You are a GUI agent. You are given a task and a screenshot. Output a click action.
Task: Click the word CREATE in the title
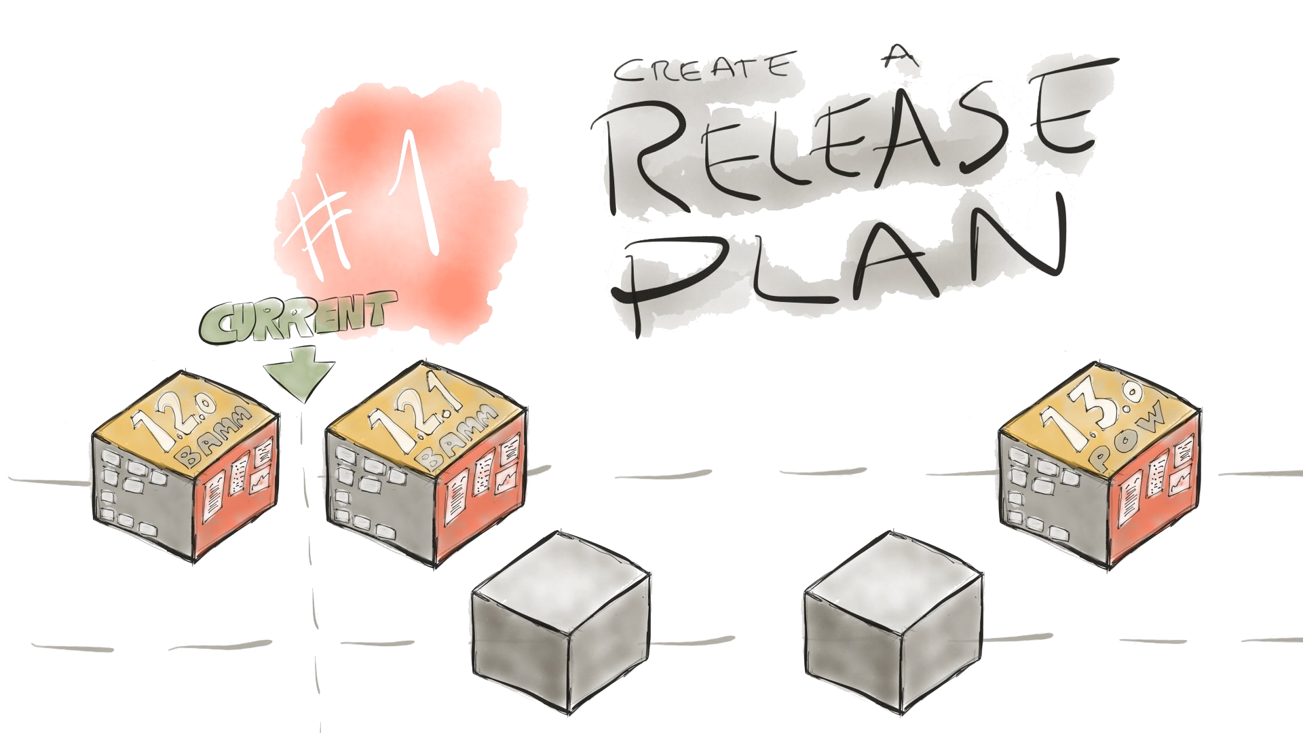702,71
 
